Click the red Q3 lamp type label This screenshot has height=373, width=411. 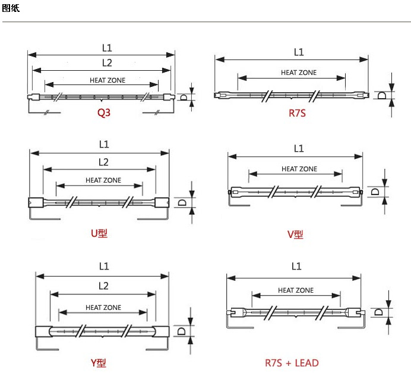(104, 113)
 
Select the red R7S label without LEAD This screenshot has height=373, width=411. (297, 113)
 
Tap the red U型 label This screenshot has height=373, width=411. (99, 233)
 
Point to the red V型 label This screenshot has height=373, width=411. (295, 234)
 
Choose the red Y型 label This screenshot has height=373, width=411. (99, 363)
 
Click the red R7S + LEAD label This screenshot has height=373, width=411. (292, 363)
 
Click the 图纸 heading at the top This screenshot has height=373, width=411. (11, 8)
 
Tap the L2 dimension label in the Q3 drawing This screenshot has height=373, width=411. (107, 62)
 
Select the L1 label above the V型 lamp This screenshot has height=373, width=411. (299, 149)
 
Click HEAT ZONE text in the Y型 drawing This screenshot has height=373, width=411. (103, 308)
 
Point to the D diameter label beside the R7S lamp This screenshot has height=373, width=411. (382, 95)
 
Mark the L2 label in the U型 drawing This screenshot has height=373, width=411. (103, 162)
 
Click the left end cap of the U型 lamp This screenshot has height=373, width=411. (36, 202)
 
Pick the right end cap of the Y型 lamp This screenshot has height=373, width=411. (161, 331)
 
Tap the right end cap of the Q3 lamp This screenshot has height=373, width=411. (169, 97)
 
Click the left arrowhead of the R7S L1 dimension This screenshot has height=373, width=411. (220, 59)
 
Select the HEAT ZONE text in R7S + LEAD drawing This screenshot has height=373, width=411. (296, 290)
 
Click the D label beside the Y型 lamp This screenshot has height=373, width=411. (181, 331)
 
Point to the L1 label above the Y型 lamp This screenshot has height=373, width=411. (104, 266)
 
